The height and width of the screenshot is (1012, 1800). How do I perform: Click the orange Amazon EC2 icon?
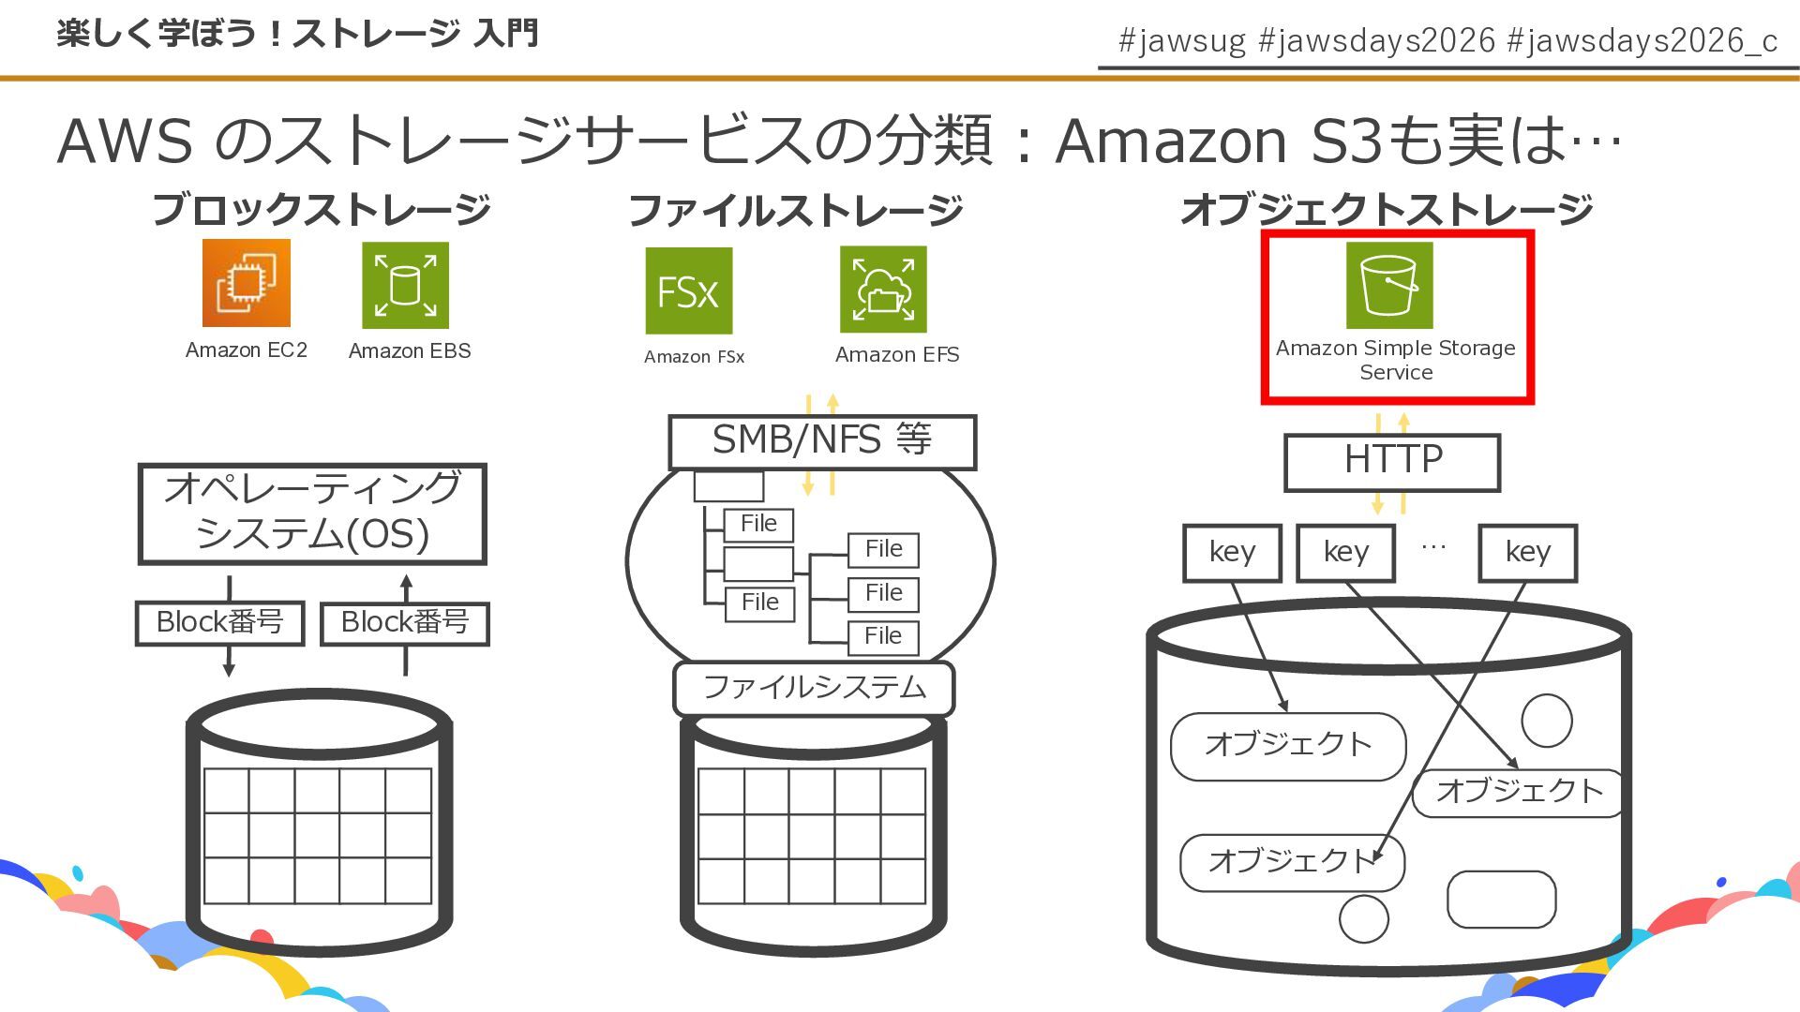click(247, 283)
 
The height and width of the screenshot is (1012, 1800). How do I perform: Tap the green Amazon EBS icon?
click(405, 285)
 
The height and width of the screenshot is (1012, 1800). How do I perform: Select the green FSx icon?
click(688, 290)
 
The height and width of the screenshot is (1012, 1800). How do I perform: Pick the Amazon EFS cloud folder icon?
click(883, 289)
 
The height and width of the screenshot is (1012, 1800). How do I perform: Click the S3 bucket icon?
click(1389, 285)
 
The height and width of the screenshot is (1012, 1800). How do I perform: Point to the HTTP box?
click(1392, 462)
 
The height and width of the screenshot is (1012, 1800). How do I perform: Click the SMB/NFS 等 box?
click(822, 441)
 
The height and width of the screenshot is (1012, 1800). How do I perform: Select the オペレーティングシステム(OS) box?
click(312, 513)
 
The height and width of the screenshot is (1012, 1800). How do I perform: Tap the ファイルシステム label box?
click(814, 688)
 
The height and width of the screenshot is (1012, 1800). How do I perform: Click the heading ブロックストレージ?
click(322, 209)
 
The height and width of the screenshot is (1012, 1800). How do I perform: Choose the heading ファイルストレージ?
click(796, 210)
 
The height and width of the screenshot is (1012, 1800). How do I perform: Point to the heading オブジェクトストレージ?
click(1387, 209)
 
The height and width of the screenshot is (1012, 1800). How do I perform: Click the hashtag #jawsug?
click(1182, 40)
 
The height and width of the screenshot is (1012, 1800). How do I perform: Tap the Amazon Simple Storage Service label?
click(1395, 360)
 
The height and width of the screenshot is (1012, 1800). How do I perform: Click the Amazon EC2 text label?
click(247, 350)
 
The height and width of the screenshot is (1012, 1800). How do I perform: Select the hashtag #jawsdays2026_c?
click(1642, 40)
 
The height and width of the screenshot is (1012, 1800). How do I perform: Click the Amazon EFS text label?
click(897, 354)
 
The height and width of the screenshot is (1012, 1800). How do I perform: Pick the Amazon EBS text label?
click(410, 350)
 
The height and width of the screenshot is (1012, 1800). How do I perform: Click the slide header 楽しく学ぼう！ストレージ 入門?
click(297, 34)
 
